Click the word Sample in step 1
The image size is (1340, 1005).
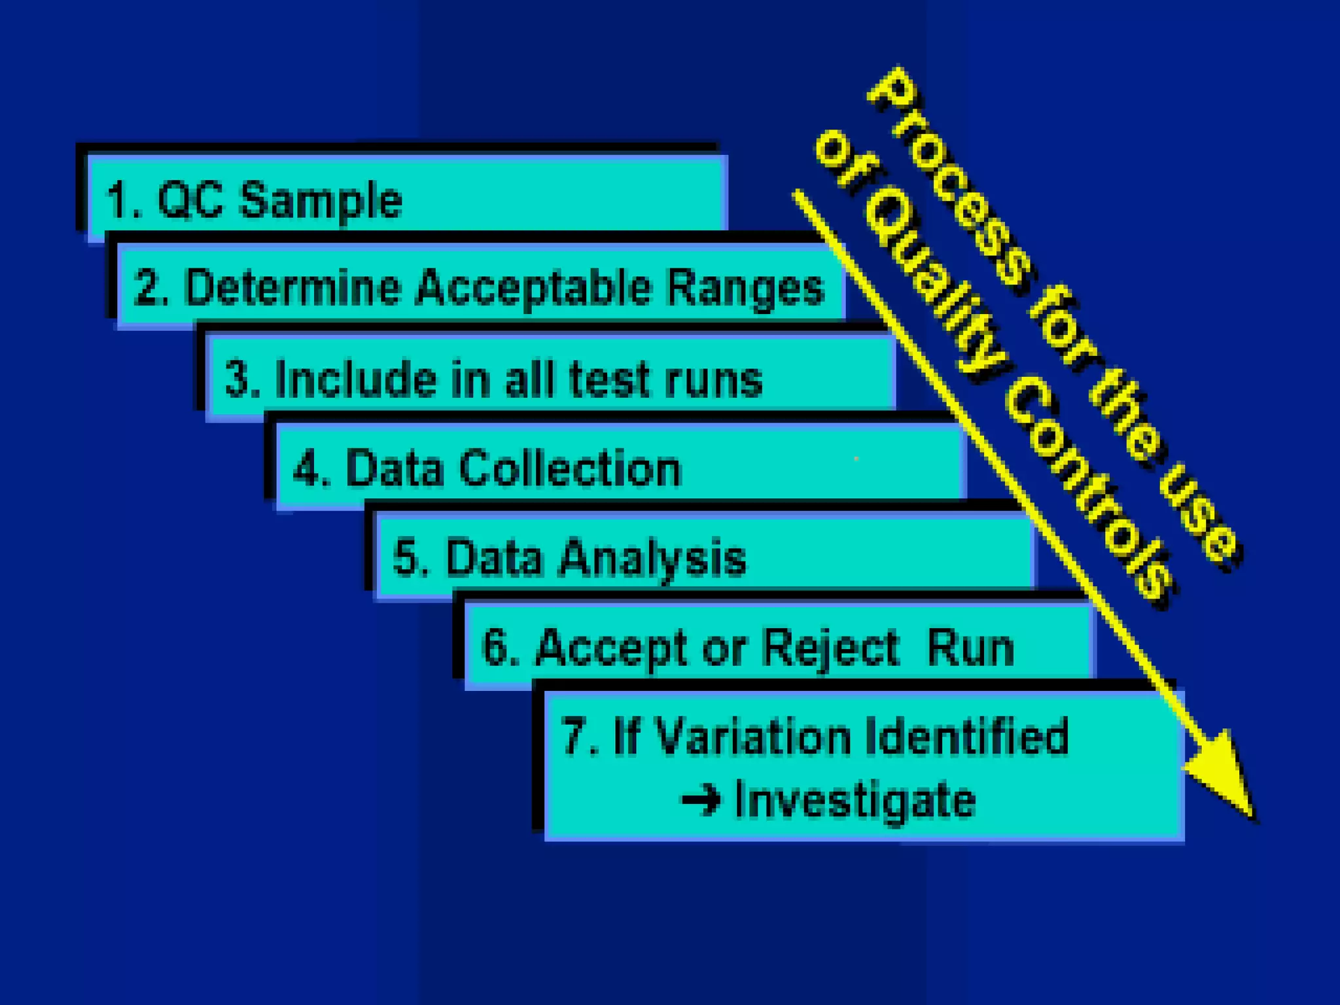point(321,202)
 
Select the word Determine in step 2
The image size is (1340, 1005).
point(292,288)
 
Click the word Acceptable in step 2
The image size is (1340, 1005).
point(533,289)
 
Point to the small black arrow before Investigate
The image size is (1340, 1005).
point(701,800)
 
